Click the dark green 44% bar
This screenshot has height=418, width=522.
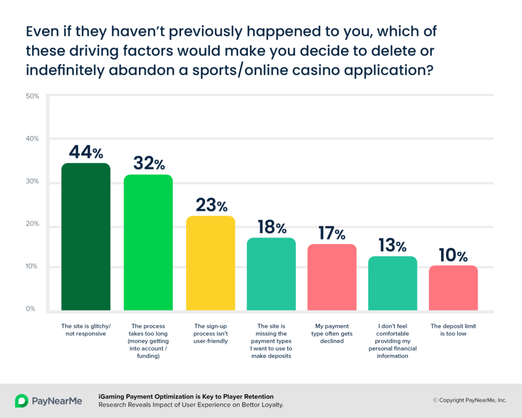click(86, 237)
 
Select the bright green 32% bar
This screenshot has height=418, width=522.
click(148, 242)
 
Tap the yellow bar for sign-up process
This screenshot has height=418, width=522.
click(211, 263)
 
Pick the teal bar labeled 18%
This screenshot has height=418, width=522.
click(271, 274)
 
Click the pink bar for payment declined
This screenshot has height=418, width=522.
click(332, 277)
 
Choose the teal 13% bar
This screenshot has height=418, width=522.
click(393, 283)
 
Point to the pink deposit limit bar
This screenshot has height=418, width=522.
click(453, 288)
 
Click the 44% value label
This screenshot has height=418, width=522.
click(86, 152)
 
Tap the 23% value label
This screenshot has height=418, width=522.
click(212, 205)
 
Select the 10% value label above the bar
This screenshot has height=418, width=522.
click(453, 255)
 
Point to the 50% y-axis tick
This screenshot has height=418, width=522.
click(32, 96)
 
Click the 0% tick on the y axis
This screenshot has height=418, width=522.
click(30, 309)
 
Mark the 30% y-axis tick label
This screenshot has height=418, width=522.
click(32, 181)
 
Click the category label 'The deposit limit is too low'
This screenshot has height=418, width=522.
click(453, 330)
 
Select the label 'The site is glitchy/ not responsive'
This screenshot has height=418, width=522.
click(86, 330)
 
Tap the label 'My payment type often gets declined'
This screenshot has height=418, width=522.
click(332, 333)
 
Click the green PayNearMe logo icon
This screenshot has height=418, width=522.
click(21, 401)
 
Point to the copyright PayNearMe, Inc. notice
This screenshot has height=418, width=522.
click(469, 400)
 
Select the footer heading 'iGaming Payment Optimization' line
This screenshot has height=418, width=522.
click(186, 397)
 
